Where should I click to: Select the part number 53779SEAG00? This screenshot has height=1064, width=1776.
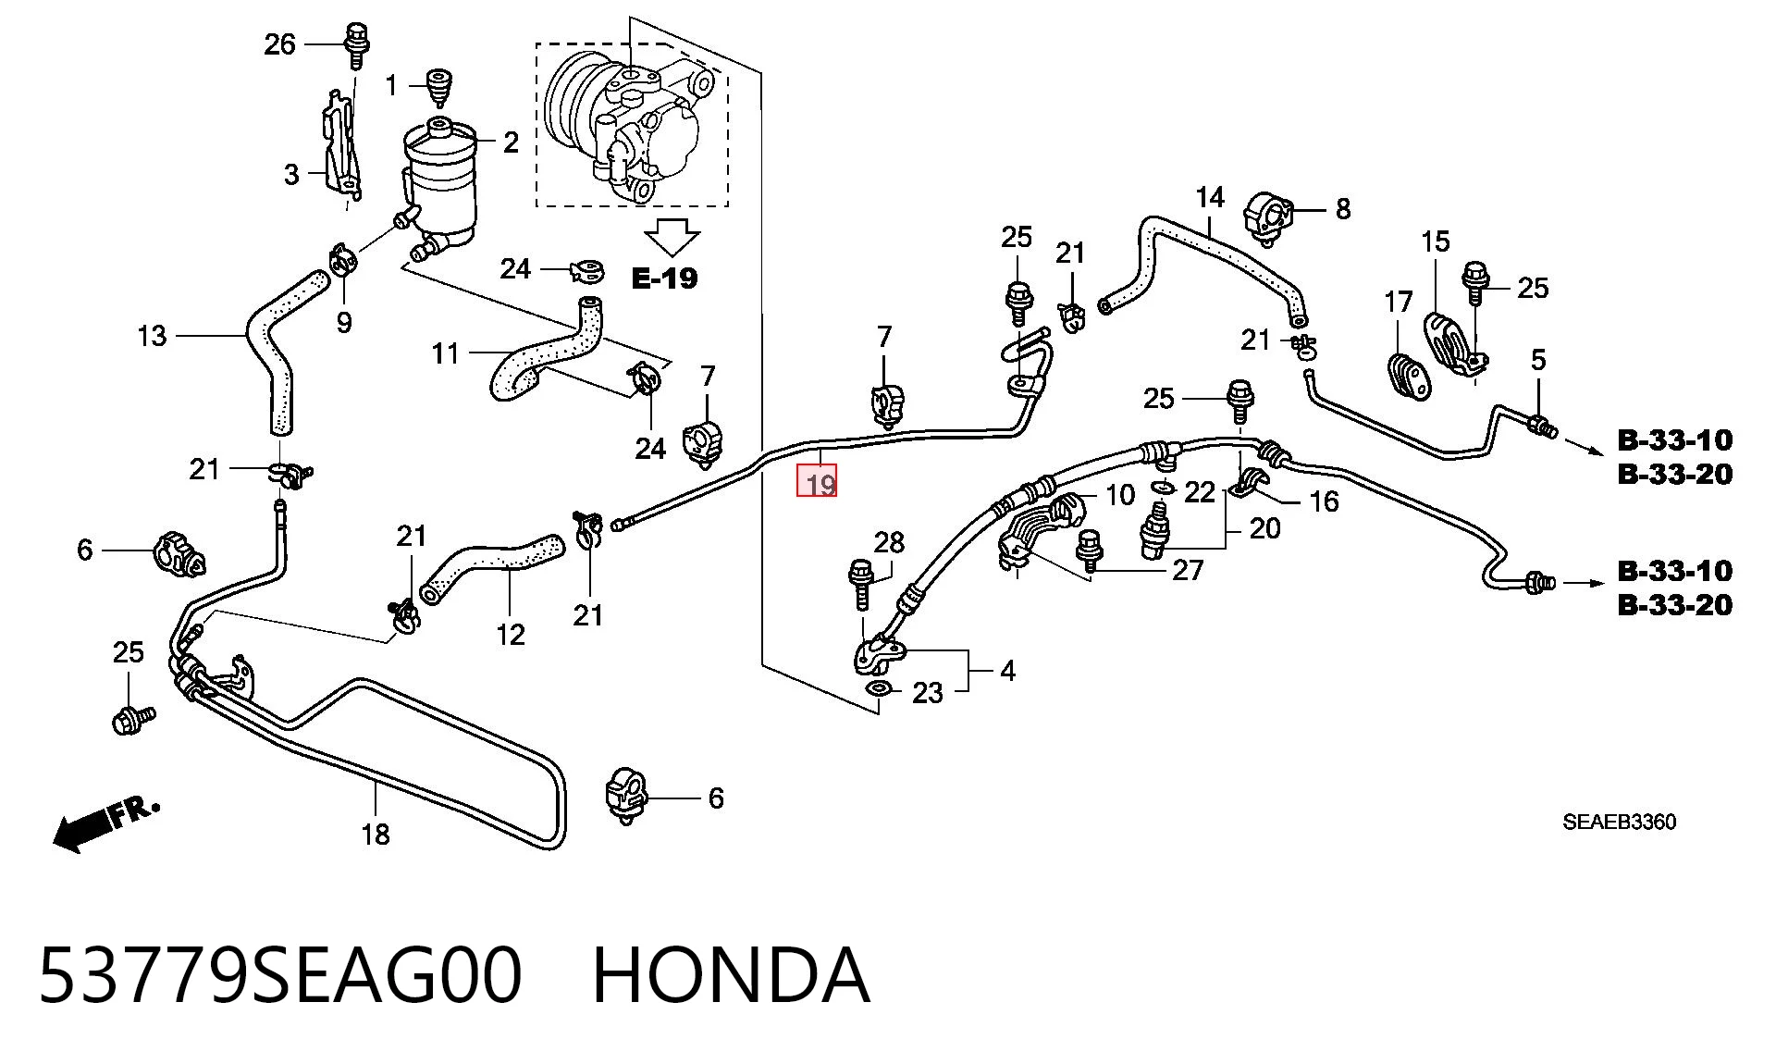click(280, 975)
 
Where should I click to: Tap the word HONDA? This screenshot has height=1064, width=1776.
click(731, 975)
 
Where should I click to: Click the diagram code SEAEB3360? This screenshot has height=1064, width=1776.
click(1619, 822)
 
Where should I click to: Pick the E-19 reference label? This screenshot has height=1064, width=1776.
click(664, 278)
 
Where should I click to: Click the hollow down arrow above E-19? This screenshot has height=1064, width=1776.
click(672, 237)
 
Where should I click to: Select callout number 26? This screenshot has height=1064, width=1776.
click(279, 43)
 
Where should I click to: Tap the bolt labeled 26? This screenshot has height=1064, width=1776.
click(355, 44)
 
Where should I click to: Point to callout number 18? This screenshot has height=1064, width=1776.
click(376, 835)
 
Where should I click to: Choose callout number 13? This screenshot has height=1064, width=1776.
click(152, 335)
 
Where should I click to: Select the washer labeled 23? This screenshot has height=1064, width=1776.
click(877, 688)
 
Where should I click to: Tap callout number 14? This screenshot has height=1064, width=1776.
click(1210, 197)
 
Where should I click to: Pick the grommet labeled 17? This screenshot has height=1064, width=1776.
click(1409, 377)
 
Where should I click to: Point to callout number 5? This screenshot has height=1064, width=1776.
click(1538, 359)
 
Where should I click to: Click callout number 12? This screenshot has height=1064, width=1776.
click(511, 634)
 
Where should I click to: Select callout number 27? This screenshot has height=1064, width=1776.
click(1188, 570)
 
